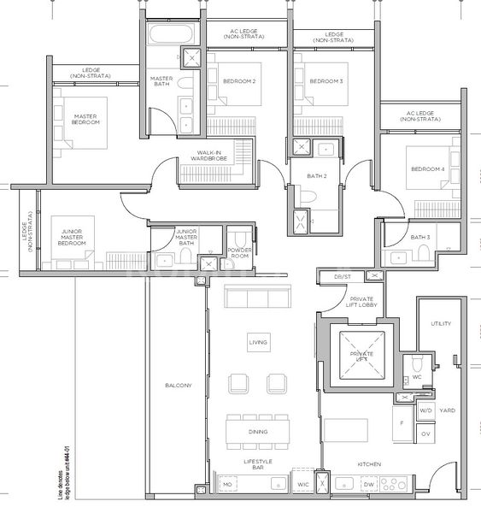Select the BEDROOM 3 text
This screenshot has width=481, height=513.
[326, 81]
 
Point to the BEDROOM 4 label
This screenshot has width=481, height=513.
[427, 169]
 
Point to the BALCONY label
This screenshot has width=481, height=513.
[178, 386]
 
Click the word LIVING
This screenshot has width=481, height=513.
[258, 342]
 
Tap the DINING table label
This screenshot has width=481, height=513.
[258, 432]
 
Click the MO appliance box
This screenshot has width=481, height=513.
[227, 485]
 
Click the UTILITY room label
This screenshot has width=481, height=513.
[440, 324]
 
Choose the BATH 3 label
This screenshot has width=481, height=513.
[419, 237]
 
